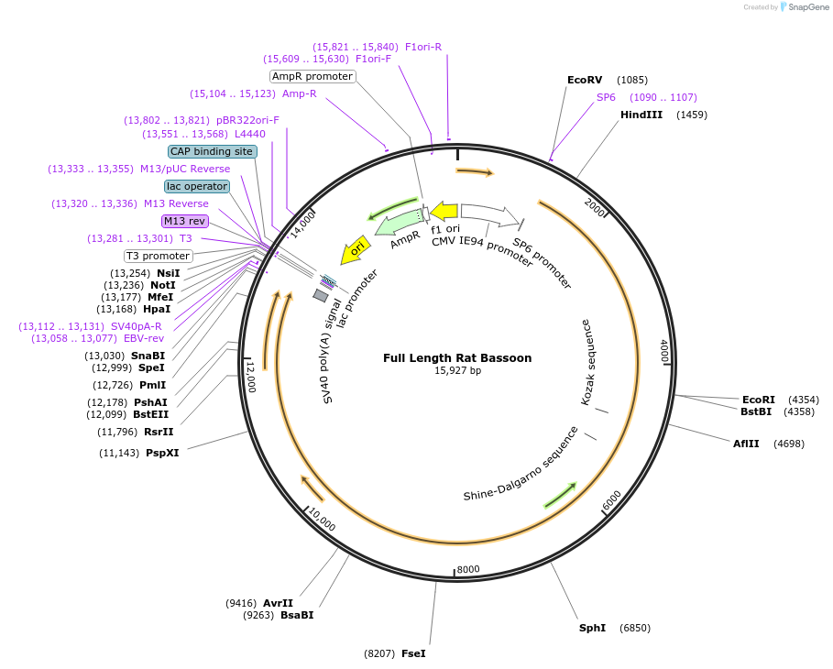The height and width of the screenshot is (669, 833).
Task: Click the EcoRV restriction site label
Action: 585,81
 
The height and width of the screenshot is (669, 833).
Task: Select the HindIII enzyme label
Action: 641,115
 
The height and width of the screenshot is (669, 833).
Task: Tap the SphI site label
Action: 592,629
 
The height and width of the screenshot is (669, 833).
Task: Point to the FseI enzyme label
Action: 413,654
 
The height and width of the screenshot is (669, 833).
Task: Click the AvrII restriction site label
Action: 278,603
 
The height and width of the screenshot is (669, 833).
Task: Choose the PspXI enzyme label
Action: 162,453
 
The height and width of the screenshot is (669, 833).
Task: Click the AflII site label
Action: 746,444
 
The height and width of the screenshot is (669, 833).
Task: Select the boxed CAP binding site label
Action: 211,151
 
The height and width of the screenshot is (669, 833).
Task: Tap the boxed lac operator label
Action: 197,186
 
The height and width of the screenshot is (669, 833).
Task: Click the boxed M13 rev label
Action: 184,221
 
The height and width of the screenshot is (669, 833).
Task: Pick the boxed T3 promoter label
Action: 158,256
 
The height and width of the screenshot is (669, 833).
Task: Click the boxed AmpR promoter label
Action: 312,77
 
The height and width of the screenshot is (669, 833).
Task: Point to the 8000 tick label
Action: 468,569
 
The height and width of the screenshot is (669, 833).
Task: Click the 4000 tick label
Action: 664,353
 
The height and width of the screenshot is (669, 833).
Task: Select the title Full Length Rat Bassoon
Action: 457,358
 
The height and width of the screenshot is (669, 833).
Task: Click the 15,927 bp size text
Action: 457,371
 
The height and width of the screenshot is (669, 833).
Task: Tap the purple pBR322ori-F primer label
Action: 247,120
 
